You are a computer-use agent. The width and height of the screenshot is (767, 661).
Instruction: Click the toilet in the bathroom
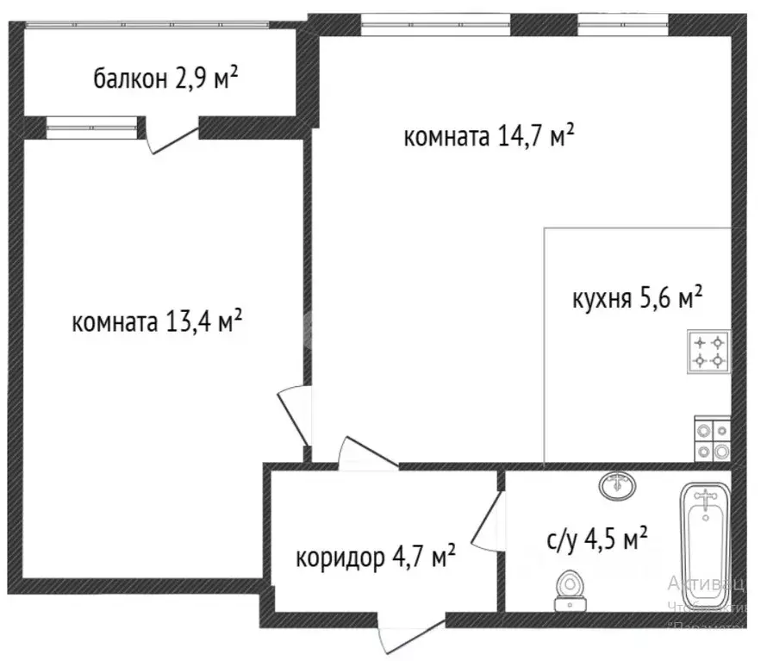[568, 589]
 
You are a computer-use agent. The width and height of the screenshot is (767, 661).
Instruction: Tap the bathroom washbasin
[617, 485]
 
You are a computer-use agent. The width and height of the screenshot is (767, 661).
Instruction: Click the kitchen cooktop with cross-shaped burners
[709, 351]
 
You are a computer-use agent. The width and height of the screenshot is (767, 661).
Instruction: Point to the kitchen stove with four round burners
[713, 440]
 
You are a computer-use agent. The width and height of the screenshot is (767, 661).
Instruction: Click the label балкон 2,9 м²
[165, 80]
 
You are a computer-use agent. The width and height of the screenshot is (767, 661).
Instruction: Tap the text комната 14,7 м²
[489, 136]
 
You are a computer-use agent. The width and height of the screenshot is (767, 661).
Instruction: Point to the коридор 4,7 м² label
[376, 557]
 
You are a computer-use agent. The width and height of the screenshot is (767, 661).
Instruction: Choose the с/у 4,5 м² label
[596, 540]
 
